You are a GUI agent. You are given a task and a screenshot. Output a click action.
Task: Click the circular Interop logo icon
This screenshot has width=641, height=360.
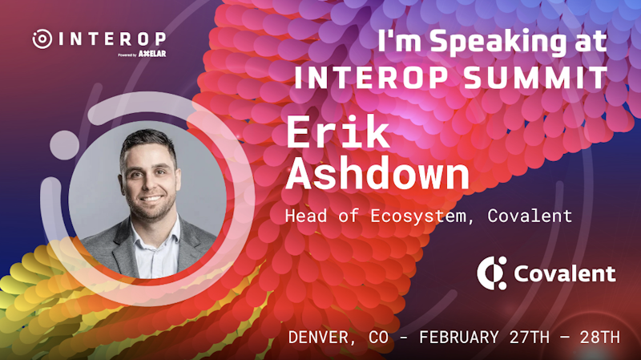click(42, 38)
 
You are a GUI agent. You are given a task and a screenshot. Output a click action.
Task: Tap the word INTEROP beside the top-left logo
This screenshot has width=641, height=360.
click(112, 39)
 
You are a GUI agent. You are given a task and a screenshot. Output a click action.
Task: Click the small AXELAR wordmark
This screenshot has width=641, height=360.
click(152, 54)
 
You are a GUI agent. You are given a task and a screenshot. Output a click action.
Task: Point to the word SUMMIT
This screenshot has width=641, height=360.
click(536, 77)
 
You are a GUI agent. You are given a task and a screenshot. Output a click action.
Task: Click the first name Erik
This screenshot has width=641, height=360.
click(337, 131)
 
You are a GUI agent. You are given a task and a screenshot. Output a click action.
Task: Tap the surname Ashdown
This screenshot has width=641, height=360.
click(377, 173)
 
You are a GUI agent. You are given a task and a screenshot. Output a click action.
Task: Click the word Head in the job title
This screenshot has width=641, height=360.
click(306, 216)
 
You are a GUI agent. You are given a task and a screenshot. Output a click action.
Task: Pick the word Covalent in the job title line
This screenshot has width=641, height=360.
click(530, 216)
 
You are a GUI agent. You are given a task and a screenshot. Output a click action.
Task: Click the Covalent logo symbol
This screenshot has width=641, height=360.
click(492, 273)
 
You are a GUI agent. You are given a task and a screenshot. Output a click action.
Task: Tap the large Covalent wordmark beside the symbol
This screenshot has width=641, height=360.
click(565, 273)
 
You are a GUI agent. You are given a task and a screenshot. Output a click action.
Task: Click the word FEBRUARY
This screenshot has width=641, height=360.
click(459, 338)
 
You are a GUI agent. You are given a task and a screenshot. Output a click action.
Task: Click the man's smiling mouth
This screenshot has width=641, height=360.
click(151, 199)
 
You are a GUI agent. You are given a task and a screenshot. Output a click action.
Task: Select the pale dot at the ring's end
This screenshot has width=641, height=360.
click(65, 145)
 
